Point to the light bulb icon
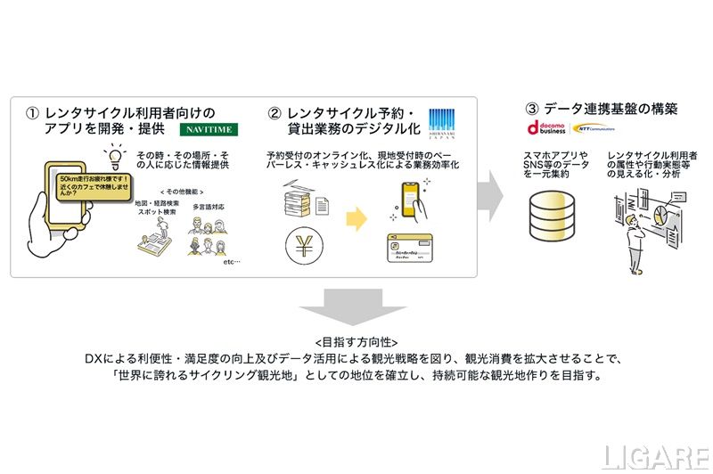pos(114,155)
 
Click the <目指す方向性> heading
pos(356,341)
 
